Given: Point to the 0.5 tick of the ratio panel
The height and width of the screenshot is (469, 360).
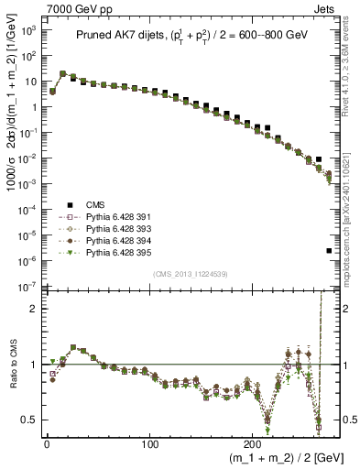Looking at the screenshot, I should [27, 420].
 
